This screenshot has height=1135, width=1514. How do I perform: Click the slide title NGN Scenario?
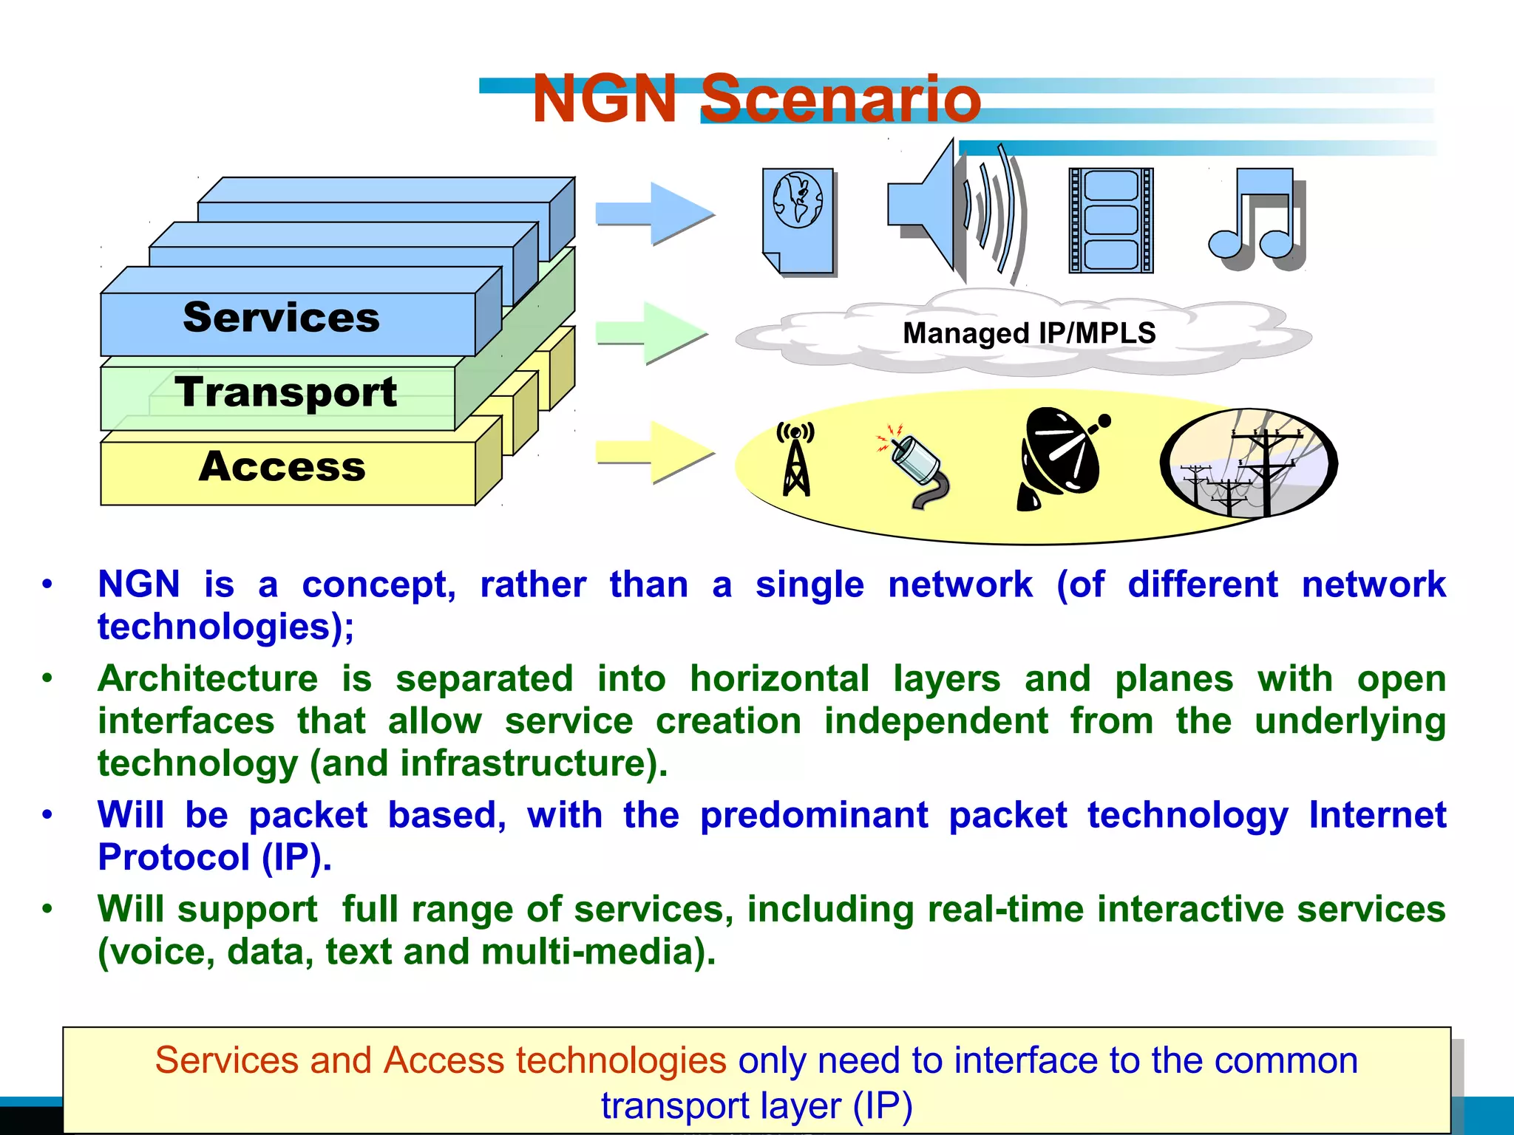coord(756,99)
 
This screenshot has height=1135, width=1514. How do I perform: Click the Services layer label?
coord(281,318)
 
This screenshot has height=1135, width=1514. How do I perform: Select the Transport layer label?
coord(285,392)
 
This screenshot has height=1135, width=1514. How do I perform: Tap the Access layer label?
coord(282,466)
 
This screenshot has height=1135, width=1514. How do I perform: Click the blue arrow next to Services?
coord(655,214)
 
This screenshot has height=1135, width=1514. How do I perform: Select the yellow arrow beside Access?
coord(655,451)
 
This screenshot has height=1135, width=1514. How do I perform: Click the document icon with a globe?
coord(798,220)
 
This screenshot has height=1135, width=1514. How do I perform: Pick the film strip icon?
coord(1110,220)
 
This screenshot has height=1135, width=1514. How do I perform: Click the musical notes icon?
coord(1257,218)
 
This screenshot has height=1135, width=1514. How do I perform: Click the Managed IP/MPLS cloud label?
coord(1029,333)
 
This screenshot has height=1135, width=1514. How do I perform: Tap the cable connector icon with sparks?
coord(914,466)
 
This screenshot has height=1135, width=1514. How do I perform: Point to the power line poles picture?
coord(1249,463)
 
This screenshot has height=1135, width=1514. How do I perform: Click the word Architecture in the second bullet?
coord(208,678)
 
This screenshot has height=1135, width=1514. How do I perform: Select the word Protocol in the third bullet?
coord(174,857)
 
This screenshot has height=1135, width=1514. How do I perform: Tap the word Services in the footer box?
coord(225,1060)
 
